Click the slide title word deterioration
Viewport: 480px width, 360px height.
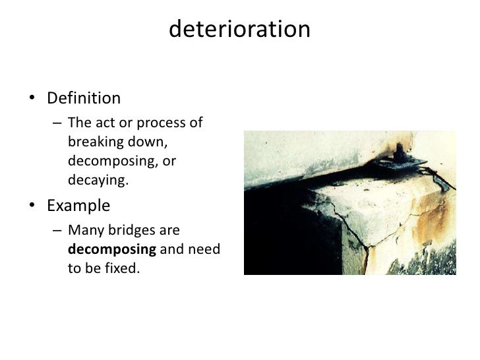pyautogui.click(x=239, y=29)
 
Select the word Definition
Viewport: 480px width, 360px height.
pyautogui.click(x=84, y=99)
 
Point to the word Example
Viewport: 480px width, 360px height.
pyautogui.click(x=78, y=206)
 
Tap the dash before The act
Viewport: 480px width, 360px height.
pyautogui.click(x=58, y=123)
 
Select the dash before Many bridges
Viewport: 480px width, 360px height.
pyautogui.click(x=58, y=231)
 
